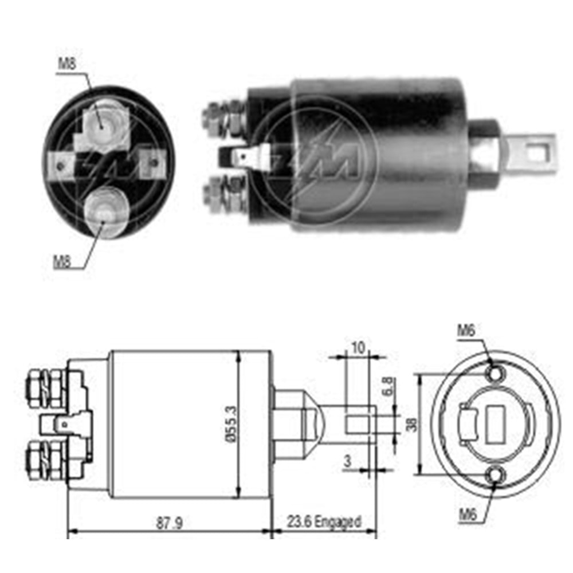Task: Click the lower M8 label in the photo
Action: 62,263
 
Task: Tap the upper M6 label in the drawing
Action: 466,330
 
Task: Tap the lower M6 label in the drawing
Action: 467,515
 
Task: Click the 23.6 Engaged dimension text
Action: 324,522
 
